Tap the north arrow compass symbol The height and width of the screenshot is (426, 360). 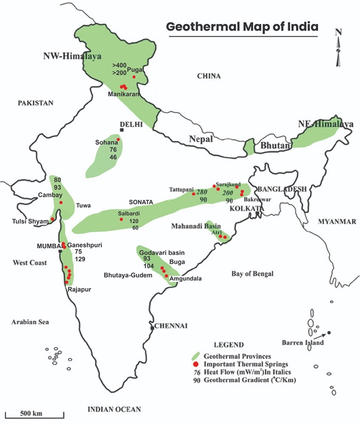coord(338,48)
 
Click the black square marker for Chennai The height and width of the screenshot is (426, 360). coord(152,327)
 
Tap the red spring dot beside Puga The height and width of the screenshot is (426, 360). coord(135,77)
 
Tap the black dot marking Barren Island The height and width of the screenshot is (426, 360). coord(329,333)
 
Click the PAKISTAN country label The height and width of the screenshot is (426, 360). coord(35,103)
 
